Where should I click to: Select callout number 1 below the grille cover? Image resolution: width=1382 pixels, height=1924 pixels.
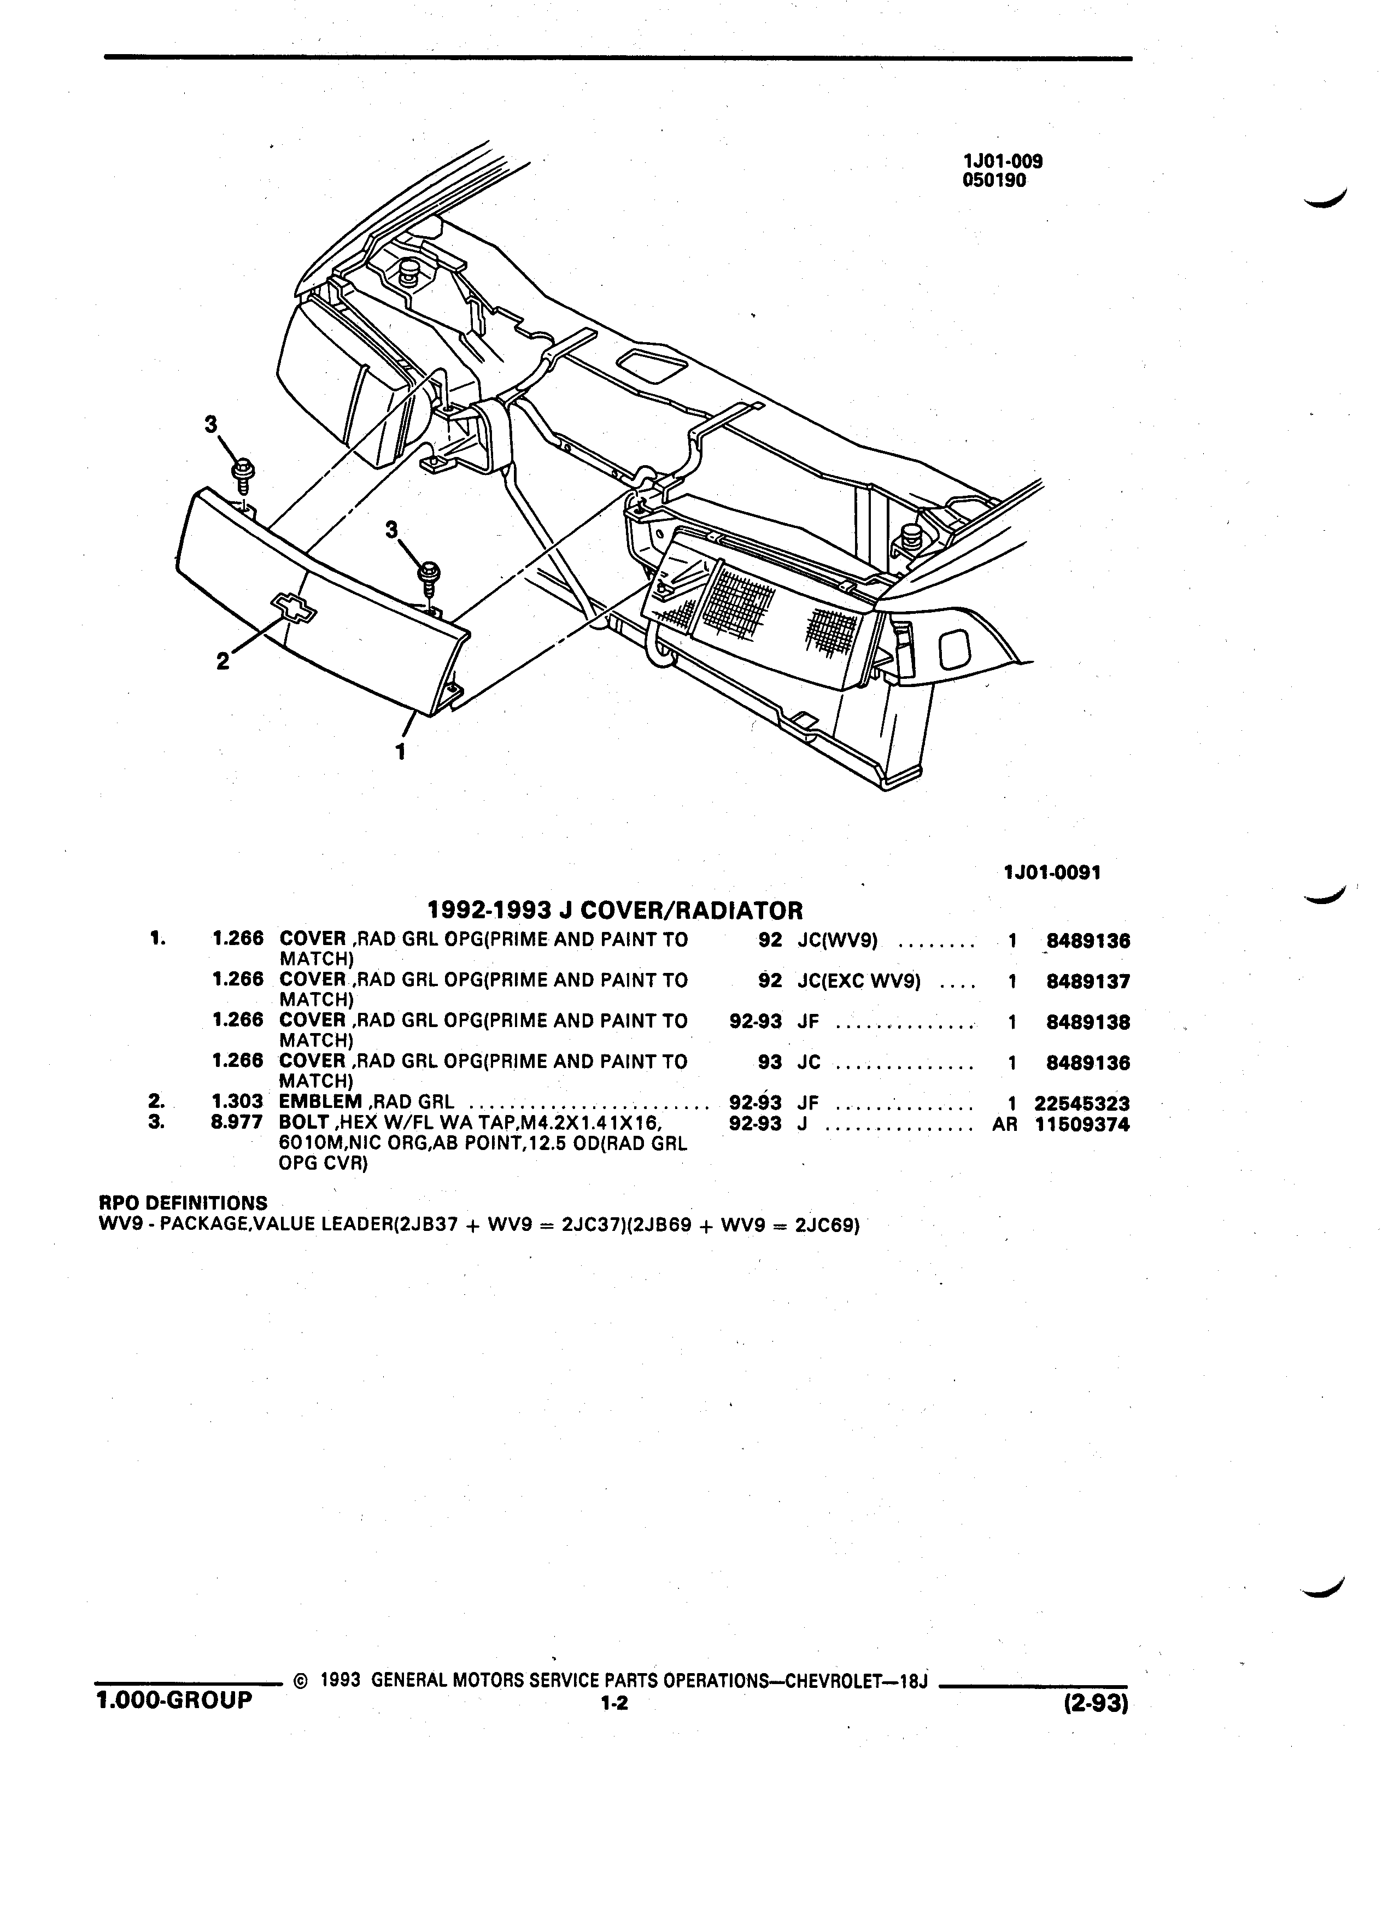point(400,752)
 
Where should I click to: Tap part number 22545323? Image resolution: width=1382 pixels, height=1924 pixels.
point(1082,1104)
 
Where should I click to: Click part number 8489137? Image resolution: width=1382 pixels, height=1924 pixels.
point(1088,982)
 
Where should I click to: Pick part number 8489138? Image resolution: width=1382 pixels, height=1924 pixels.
point(1088,1022)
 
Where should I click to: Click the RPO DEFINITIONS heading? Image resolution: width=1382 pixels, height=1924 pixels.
point(183,1203)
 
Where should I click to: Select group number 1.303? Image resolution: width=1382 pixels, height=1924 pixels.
point(238,1103)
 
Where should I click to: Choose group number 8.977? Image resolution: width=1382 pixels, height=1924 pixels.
point(238,1123)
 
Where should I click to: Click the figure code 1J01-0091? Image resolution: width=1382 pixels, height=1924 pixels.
point(1052,873)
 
